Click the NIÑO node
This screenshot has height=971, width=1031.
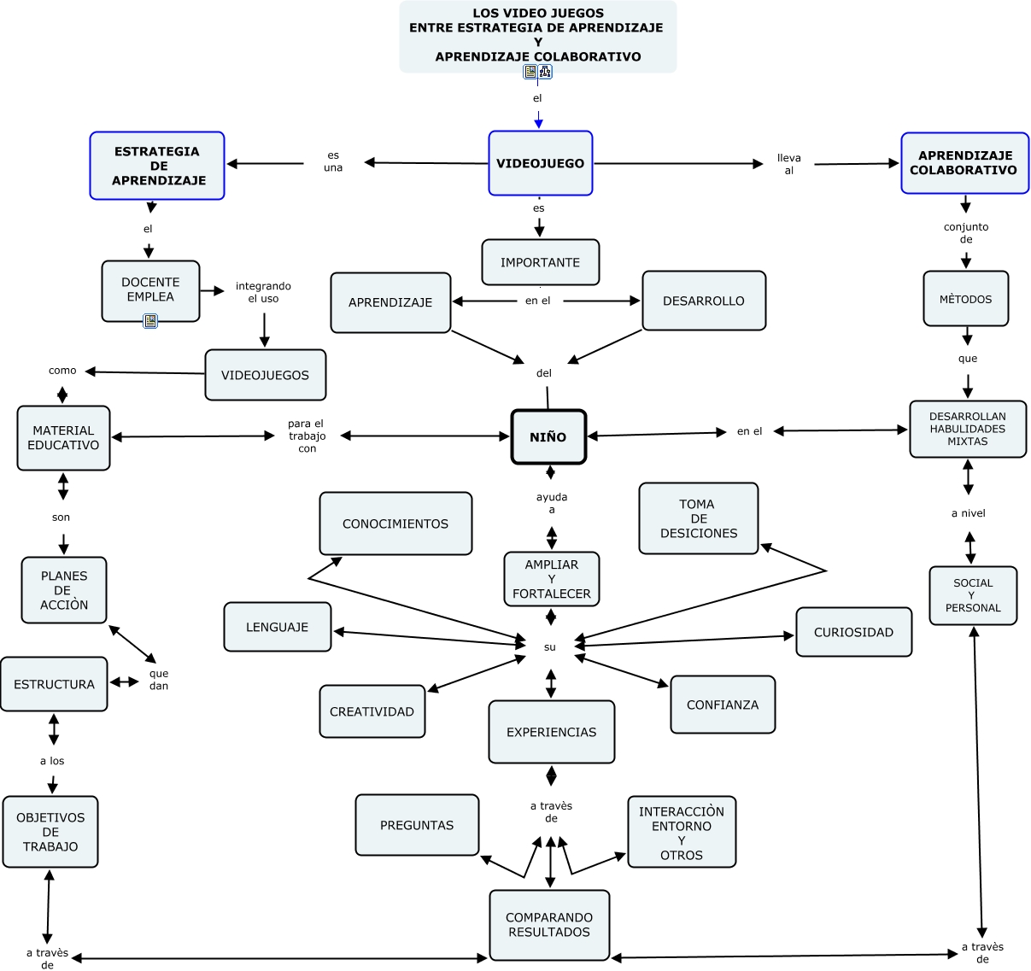548,437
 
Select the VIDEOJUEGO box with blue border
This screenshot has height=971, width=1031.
541,163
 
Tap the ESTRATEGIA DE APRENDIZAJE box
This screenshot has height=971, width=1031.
157,166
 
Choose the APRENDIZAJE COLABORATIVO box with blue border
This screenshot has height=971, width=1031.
964,163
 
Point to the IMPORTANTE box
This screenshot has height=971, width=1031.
541,262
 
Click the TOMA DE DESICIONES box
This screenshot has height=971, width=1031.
699,518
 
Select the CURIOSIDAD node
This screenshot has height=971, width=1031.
853,632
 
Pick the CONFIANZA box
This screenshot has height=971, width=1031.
723,705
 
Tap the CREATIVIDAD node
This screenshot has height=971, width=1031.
372,711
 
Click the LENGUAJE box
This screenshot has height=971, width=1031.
278,627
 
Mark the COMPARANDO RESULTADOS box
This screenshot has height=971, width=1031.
549,925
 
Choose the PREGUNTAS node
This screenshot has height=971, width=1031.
417,825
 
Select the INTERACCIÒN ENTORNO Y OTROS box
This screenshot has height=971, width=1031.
682,833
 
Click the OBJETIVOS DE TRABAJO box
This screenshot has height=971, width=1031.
50,832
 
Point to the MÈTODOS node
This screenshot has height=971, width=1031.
966,299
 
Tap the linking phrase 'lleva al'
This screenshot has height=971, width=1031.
789,164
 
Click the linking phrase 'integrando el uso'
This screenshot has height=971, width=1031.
263,292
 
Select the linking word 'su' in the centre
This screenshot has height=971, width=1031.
550,647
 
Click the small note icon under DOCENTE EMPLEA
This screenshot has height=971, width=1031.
150,321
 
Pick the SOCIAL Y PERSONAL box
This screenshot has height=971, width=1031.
973,595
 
